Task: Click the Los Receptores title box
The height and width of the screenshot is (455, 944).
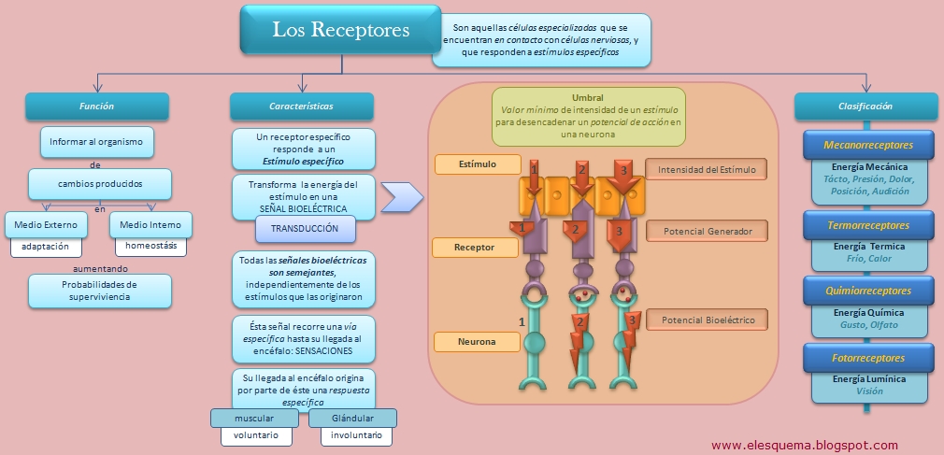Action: pyautogui.click(x=341, y=30)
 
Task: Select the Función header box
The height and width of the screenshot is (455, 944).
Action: pyautogui.click(x=96, y=107)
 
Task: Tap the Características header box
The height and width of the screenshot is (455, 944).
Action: pyautogui.click(x=301, y=107)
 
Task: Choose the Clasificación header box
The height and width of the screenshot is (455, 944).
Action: pyautogui.click(x=865, y=107)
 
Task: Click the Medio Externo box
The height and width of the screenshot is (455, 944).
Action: pyautogui.click(x=46, y=225)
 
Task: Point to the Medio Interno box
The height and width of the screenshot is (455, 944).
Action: pyautogui.click(x=150, y=225)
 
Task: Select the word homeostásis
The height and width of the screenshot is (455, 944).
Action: pyautogui.click(x=150, y=247)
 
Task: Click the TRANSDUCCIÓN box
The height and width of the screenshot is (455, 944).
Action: pyautogui.click(x=305, y=229)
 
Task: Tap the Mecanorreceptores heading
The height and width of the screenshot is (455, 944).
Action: pyautogui.click(x=868, y=146)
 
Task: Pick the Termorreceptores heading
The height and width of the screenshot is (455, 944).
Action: pyautogui.click(x=868, y=225)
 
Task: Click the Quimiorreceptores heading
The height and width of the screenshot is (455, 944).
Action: pyautogui.click(x=868, y=291)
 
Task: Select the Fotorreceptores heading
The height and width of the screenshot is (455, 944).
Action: pyautogui.click(x=868, y=358)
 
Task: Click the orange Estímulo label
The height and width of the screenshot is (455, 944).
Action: pyautogui.click(x=478, y=164)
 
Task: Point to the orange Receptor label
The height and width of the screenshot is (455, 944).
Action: pyautogui.click(x=475, y=248)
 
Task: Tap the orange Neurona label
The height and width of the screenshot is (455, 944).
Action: pyautogui.click(x=476, y=342)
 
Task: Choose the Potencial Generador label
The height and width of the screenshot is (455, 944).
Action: pyautogui.click(x=707, y=231)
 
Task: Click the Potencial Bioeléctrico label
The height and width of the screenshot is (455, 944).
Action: pyautogui.click(x=707, y=320)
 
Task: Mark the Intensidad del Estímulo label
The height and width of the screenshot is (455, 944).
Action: pyautogui.click(x=707, y=170)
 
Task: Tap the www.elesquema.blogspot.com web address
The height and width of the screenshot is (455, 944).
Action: pyautogui.click(x=805, y=446)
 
